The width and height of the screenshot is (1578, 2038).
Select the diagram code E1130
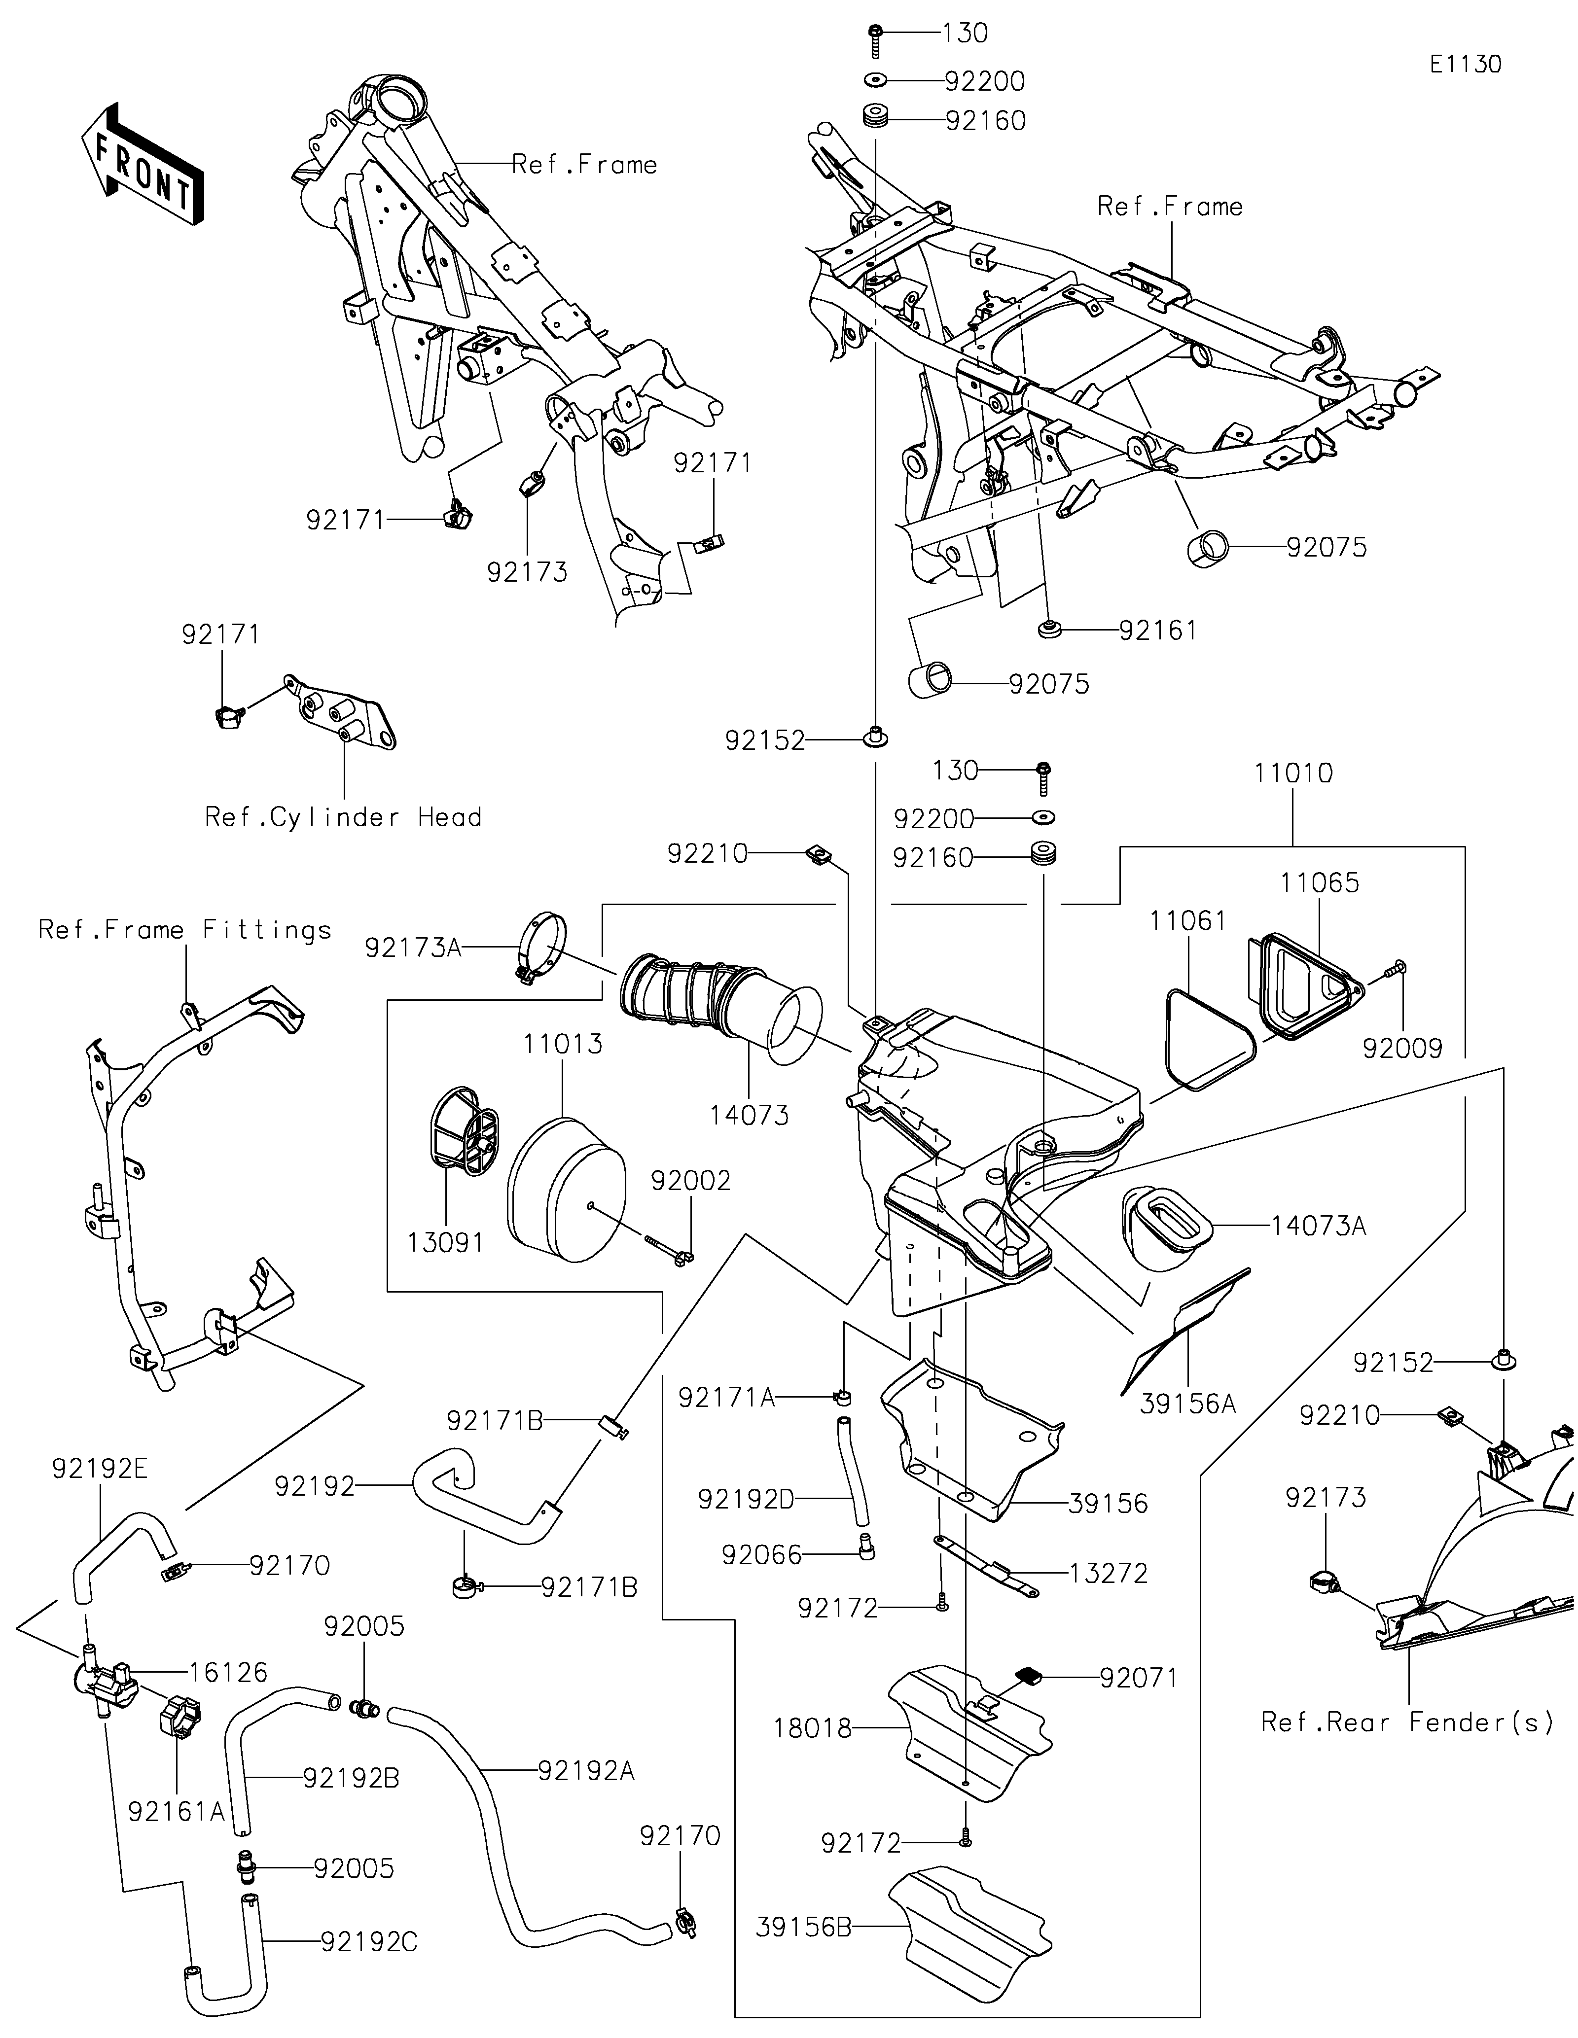point(1465,65)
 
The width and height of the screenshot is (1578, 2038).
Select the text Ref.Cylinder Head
point(343,817)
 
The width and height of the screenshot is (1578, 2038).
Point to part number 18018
point(813,1728)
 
